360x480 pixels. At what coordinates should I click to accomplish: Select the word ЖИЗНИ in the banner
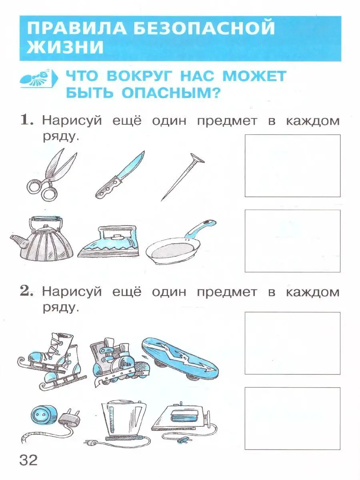[65, 47]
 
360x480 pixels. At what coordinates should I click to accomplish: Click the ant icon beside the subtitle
[39, 78]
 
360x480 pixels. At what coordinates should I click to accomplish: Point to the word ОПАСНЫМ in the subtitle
[170, 93]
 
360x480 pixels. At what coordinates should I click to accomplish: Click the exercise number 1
[27, 120]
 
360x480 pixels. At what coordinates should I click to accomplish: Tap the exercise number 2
[26, 291]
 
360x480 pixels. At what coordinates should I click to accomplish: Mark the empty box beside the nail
[292, 166]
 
